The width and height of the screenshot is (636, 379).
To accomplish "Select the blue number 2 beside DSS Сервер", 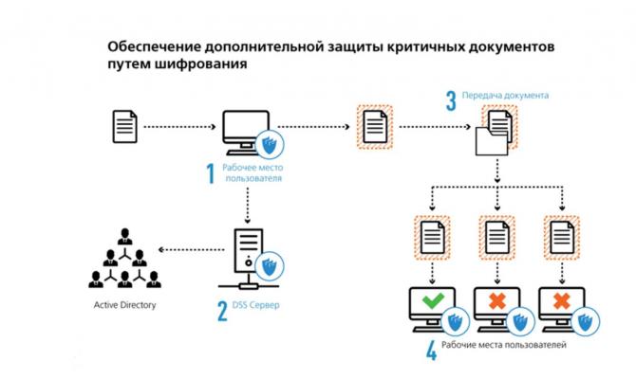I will [222, 311].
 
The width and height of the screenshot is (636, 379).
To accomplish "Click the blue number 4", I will [432, 352].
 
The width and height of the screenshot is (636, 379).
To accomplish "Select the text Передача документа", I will [505, 97].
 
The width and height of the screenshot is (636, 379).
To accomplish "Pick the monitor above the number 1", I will [243, 131].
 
